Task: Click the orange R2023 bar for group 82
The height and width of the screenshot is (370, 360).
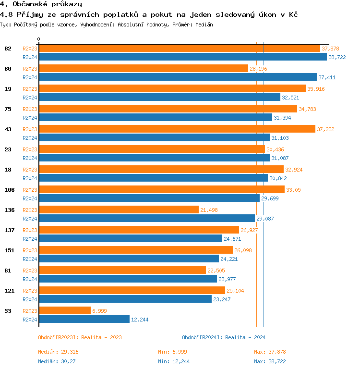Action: point(179,49)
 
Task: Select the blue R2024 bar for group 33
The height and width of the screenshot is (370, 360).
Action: point(84,319)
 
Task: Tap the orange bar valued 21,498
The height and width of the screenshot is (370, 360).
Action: point(119,210)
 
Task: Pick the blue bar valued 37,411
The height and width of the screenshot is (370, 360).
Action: point(178,77)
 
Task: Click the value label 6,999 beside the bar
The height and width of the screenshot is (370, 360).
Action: point(99,311)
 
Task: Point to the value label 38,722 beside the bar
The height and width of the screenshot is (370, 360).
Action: point(337,57)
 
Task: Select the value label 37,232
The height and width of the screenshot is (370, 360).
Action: point(325,129)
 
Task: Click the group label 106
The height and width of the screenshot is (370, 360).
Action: point(9,190)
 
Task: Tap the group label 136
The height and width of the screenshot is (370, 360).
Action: point(9,210)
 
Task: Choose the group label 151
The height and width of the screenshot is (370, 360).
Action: point(9,250)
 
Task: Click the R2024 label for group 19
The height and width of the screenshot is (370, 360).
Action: point(30,98)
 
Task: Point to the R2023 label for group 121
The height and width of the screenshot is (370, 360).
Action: point(30,291)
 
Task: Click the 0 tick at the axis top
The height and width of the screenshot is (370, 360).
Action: point(39,39)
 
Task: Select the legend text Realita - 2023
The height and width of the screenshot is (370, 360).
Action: point(101,337)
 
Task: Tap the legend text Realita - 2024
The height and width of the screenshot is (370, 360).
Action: point(245,337)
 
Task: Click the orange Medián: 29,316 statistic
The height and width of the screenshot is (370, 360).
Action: point(58,352)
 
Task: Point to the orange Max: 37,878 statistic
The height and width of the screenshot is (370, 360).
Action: point(270,352)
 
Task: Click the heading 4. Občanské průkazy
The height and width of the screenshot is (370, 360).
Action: point(41,4)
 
